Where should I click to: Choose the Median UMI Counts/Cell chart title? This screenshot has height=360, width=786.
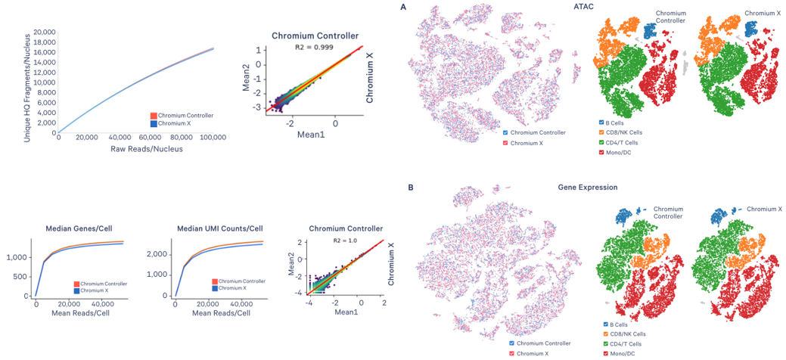click(x=219, y=228)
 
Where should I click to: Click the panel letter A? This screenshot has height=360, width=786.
click(x=404, y=7)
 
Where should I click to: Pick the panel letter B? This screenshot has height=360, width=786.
click(x=411, y=187)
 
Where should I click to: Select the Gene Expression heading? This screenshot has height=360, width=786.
click(x=588, y=187)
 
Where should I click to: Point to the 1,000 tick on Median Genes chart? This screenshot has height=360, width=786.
click(x=18, y=258)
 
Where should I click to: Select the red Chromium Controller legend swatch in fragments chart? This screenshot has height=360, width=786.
click(x=154, y=116)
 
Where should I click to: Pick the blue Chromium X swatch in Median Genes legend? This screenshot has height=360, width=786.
click(x=76, y=290)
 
